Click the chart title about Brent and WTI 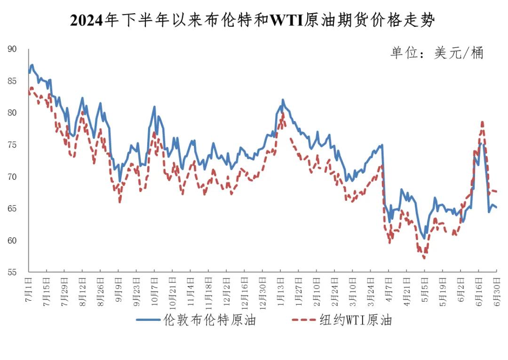coord(253,21)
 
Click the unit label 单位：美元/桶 coord(437,53)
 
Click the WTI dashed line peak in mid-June coord(482,122)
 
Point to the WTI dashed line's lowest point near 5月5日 coord(424,258)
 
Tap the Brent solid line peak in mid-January coord(283,100)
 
